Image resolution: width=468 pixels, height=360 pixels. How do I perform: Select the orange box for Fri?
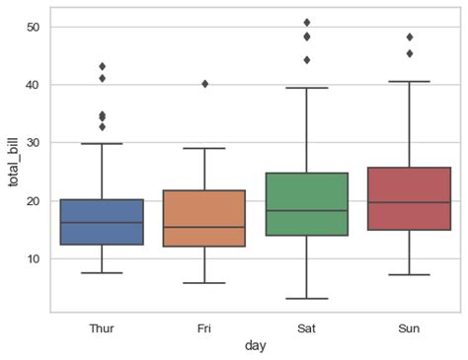coord(204,218)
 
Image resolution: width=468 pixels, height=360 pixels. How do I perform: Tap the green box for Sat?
coord(307,204)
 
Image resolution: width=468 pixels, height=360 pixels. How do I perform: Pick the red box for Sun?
coord(410,198)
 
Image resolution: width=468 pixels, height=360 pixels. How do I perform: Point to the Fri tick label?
coord(204,327)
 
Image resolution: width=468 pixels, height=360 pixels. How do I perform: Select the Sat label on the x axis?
coord(307,327)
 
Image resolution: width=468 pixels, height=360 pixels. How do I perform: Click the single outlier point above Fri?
coord(204,84)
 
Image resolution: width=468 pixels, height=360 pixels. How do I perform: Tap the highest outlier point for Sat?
coord(307,22)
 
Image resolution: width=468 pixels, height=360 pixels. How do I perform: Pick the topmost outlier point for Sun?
coord(410,37)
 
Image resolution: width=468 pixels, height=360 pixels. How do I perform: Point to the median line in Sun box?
coord(410,202)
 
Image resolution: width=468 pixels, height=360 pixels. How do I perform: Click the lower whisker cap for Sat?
coord(307,298)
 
